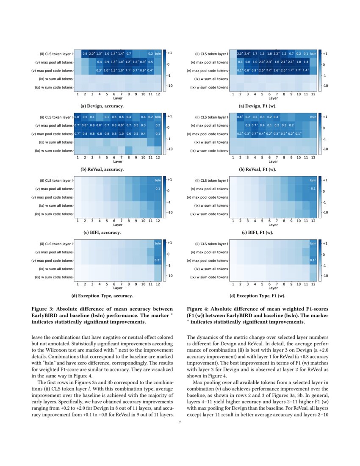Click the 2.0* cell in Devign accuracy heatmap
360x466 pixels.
coord(92,54)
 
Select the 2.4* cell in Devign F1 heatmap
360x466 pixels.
coord(247,54)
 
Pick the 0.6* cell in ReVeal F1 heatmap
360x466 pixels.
coord(240,117)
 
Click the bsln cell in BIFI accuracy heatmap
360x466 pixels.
coord(157,180)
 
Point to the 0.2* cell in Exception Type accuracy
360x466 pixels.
coord(157,260)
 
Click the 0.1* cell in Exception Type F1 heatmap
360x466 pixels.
coord(313,260)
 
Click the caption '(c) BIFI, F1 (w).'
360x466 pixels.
coord(258,233)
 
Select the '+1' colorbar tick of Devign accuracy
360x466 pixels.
coord(169,54)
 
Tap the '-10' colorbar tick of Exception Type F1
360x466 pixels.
coord(325,275)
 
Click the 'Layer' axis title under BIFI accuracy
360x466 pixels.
coord(117,225)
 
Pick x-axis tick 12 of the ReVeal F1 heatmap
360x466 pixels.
coord(313,157)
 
